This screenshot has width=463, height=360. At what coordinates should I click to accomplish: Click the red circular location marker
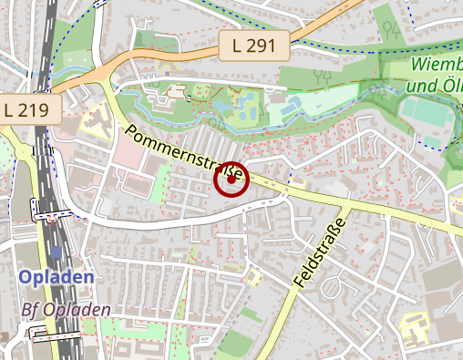231,180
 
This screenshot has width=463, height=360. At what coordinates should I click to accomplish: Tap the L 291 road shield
254,43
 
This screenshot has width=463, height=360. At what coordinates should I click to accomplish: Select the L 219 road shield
30,109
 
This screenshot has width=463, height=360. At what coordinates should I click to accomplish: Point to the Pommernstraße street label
185,152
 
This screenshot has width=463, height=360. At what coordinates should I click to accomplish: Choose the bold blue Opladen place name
57,277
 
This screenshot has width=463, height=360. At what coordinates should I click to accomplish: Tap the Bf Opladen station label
66,310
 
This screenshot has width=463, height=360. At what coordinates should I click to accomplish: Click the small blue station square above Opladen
57,252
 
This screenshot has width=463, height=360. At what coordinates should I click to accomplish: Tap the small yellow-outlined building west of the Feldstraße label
254,276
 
